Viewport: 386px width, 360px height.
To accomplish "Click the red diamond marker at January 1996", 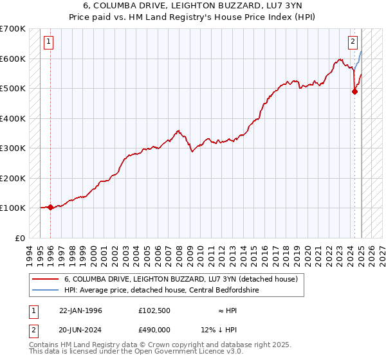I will pos(50,207).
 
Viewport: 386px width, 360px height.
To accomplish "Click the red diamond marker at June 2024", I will pos(354,91).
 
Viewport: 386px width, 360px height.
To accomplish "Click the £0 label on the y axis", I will pos(21,238).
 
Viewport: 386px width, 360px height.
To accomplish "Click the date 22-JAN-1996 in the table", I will pos(80,310).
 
